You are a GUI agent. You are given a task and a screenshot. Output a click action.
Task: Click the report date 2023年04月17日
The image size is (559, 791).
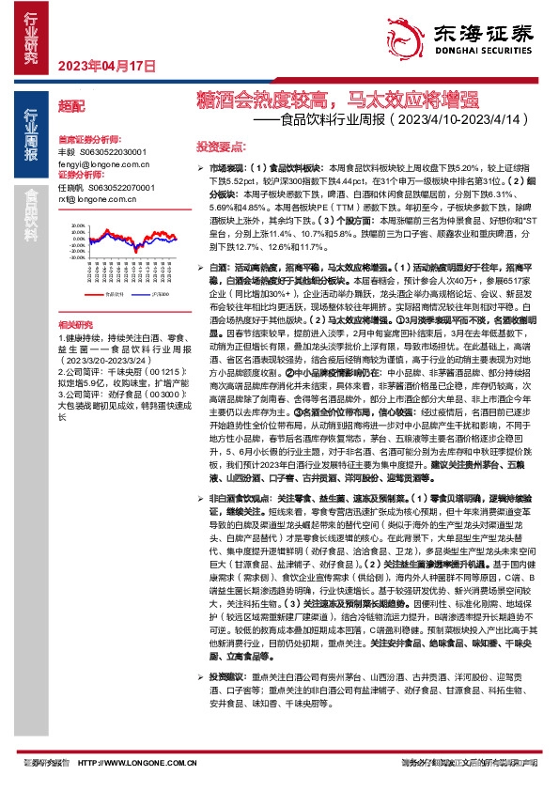click(x=106, y=66)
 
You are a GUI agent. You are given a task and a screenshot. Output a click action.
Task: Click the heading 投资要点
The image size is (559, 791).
click(x=221, y=147)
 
